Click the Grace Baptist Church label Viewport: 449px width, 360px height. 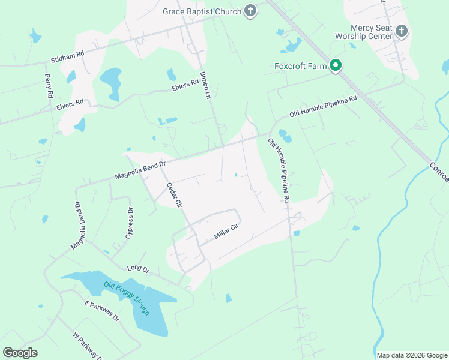202,11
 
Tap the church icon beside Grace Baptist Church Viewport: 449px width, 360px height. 251,11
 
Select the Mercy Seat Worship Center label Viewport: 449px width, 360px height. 372,31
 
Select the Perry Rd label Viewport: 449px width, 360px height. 49,86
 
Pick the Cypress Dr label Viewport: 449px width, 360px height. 130,223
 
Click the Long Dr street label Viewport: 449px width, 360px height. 137,270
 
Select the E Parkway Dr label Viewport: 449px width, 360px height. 102,311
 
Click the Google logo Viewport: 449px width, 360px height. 20,352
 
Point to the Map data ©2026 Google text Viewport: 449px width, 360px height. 412,355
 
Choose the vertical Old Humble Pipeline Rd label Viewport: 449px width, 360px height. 279,170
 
